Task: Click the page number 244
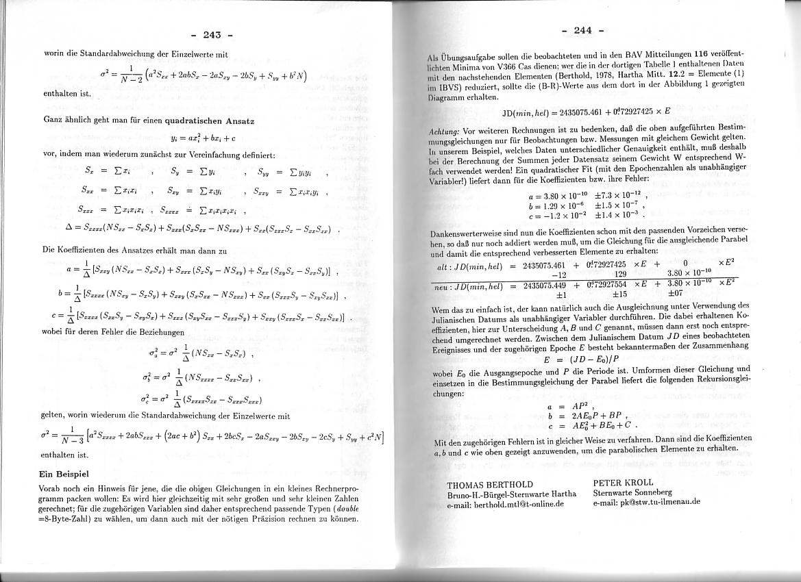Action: pos(582,29)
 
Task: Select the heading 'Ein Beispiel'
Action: pos(64,474)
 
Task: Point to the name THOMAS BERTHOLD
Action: pos(489,485)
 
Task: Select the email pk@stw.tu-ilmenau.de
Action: pos(637,501)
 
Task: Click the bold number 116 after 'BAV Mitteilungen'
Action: pos(700,53)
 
